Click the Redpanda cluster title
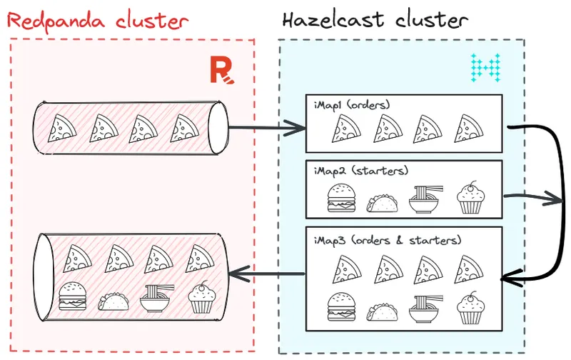point(98,19)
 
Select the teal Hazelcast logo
point(485,66)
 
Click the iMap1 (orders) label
point(351,105)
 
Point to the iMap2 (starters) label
point(355,171)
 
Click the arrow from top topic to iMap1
point(268,129)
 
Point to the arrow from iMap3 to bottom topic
point(268,272)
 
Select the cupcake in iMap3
point(470,307)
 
